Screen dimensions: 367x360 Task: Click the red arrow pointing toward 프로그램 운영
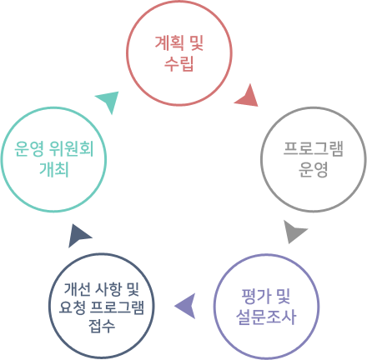248,97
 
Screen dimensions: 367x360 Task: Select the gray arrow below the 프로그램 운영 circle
294,232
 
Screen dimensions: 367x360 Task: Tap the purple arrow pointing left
187,306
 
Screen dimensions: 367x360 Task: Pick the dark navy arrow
78,236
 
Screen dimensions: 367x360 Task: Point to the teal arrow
109,101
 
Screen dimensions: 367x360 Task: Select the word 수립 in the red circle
178,64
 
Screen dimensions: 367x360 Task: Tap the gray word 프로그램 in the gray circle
314,149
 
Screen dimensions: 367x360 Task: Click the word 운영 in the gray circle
314,170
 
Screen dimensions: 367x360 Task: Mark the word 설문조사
266,317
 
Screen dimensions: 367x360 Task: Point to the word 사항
108,289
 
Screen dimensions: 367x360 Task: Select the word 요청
72,307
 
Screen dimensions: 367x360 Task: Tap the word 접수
102,326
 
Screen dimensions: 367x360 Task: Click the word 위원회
71,148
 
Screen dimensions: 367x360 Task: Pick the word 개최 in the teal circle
54,169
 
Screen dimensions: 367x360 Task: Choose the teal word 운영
29,148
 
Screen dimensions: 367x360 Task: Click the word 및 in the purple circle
283,296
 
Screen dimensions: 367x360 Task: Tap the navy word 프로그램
117,307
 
